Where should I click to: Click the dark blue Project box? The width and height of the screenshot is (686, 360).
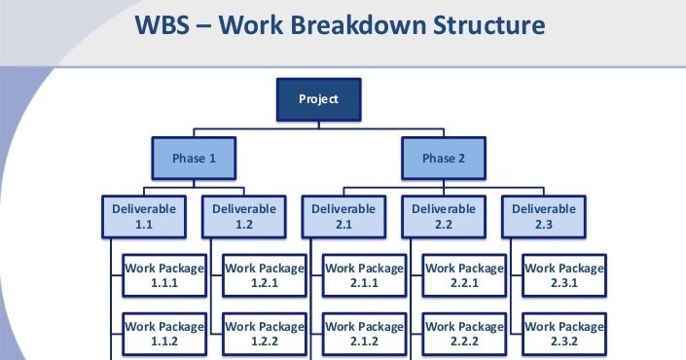coord(320,100)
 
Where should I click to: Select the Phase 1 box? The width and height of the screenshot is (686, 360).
coord(194,158)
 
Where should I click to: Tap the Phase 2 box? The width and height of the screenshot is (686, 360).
coord(443,158)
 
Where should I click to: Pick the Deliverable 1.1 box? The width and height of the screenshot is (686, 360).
coord(143,216)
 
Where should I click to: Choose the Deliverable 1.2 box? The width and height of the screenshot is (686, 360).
coord(243,216)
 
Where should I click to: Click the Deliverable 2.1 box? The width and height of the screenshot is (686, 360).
coord(343,216)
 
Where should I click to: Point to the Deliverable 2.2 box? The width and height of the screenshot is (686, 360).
coord(444,216)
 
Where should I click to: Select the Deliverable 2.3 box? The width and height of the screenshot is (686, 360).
coord(544,216)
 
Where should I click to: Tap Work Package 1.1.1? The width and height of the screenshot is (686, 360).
coord(163,275)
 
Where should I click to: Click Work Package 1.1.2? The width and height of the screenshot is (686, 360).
coord(163,334)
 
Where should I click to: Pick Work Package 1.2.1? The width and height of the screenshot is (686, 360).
coord(264,275)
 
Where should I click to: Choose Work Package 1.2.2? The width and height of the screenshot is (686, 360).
coord(264,334)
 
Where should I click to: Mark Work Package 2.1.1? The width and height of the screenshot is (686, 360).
coord(364,275)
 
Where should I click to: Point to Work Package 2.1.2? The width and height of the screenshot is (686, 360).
coord(364,334)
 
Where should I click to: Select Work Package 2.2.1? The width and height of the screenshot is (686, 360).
coord(464,275)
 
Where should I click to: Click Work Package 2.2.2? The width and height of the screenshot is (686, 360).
coord(464,334)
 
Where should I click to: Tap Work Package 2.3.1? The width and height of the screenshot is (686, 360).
coord(564,275)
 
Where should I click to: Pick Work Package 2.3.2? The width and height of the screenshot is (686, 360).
coord(564,334)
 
